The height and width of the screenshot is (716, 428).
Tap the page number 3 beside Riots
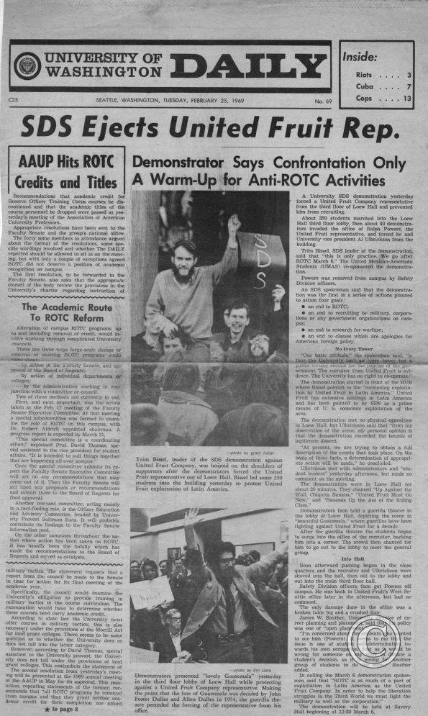[409, 74]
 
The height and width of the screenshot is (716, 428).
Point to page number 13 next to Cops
[407, 97]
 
